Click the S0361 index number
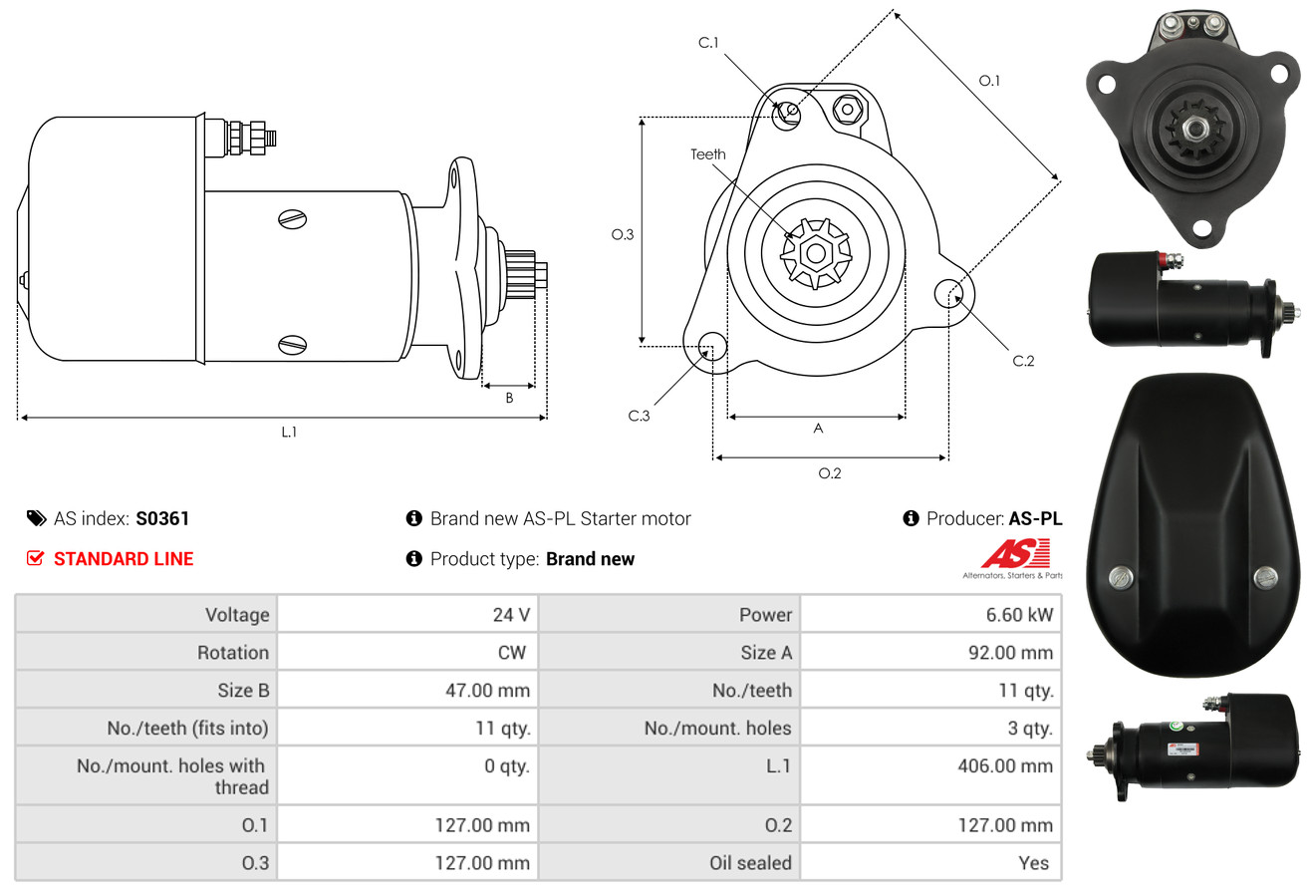pos(162,518)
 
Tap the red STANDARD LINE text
pos(124,559)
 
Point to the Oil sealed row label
pos(750,863)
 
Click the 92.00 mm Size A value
pos(1010,653)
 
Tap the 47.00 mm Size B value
pos(487,690)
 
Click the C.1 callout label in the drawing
pos(708,43)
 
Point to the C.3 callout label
pos(639,416)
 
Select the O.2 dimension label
pos(829,473)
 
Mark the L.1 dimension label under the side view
pos(289,432)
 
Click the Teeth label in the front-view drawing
pos(707,154)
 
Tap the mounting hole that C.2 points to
pos(948,293)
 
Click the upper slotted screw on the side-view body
pos(292,219)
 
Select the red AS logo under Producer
pos(1015,554)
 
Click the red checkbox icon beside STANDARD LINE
pos(35,558)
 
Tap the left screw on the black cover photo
pos(1120,578)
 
